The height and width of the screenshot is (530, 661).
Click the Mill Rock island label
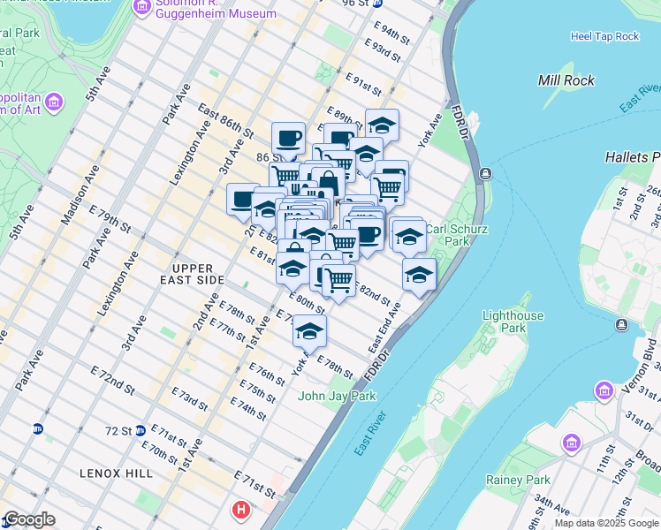(x=566, y=80)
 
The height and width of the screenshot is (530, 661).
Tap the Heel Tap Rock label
(x=604, y=36)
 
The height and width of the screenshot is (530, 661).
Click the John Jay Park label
(x=337, y=396)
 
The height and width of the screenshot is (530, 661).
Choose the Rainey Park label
(x=518, y=480)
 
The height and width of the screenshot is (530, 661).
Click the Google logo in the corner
(x=28, y=519)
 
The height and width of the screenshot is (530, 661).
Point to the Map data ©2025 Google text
(x=606, y=523)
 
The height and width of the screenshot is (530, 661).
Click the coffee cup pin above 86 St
(x=288, y=139)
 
